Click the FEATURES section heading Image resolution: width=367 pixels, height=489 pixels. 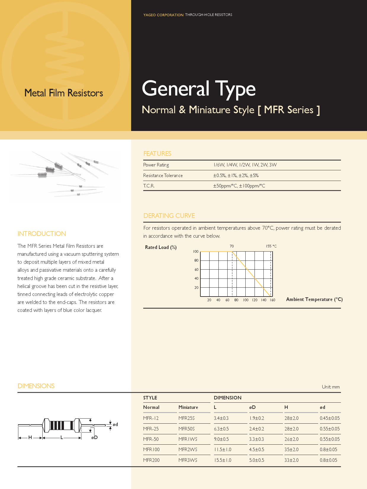click(157, 153)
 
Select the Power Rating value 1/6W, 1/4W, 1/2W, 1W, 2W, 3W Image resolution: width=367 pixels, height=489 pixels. click(245, 165)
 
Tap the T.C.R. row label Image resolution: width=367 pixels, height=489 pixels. click(149, 186)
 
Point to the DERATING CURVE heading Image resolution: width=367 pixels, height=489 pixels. click(169, 216)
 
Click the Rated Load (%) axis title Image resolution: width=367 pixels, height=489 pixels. click(161, 247)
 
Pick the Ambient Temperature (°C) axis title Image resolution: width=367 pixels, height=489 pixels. click(314, 299)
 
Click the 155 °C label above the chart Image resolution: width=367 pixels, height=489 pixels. click(271, 246)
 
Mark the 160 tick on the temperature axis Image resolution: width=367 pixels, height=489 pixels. click(272, 300)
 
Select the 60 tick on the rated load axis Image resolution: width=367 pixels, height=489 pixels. click(197, 270)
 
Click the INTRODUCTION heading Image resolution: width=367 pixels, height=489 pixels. click(42, 234)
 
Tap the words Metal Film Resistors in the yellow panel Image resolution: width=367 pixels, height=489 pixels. click(64, 93)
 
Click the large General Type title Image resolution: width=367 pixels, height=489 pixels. click(199, 88)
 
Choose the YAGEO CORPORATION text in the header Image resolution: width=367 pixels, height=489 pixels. click(163, 15)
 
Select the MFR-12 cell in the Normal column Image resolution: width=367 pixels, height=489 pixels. click(151, 418)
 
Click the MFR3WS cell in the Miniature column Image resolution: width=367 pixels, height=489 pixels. click(188, 460)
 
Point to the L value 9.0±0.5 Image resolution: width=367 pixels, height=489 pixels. click(221, 439)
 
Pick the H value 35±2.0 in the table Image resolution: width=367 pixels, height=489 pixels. click(292, 449)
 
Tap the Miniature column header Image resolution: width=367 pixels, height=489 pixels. click(188, 407)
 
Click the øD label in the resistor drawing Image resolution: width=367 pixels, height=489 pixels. click(94, 437)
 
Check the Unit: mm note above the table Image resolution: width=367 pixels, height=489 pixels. click(331, 387)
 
